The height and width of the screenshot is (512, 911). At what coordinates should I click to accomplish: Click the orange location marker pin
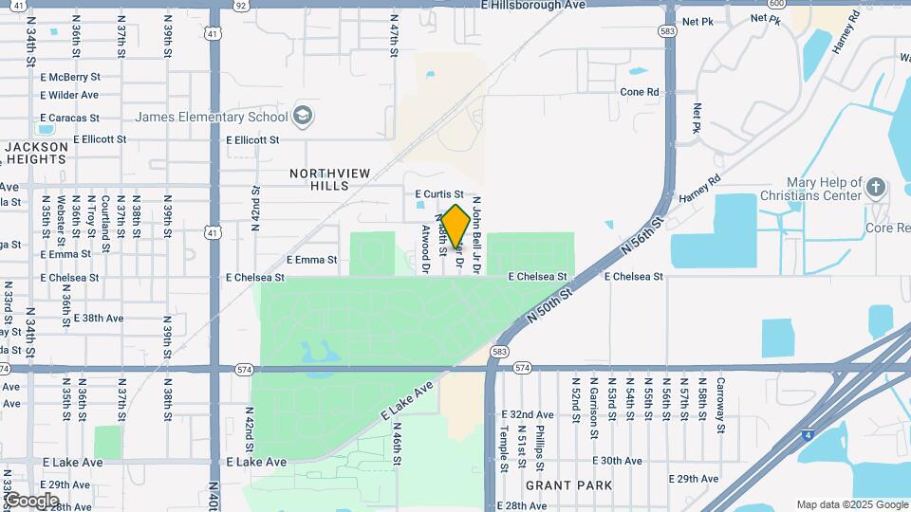click(x=455, y=228)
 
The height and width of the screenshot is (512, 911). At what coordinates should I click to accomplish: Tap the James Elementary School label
click(x=211, y=118)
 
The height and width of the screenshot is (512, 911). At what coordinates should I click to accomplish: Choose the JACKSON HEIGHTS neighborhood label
click(x=37, y=154)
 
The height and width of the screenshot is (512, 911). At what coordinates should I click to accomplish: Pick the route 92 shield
click(x=241, y=5)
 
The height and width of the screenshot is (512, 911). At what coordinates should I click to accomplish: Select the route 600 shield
click(x=778, y=5)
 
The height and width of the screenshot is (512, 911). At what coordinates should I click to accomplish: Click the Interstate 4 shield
click(x=781, y=435)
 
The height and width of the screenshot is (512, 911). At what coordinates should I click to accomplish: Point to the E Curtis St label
click(x=439, y=194)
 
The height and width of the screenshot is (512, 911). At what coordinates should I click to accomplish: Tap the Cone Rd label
click(x=639, y=92)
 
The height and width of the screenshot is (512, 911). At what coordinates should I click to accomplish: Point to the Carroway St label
click(x=720, y=404)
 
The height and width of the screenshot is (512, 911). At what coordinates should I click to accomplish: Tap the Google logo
click(x=31, y=500)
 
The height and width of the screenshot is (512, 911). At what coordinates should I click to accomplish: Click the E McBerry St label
click(x=70, y=77)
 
